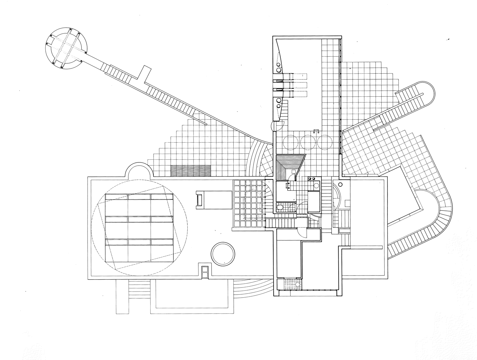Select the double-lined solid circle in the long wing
point(223,253)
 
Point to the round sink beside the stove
point(316,186)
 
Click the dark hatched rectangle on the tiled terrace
point(191,170)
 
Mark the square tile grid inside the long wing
point(248,204)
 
